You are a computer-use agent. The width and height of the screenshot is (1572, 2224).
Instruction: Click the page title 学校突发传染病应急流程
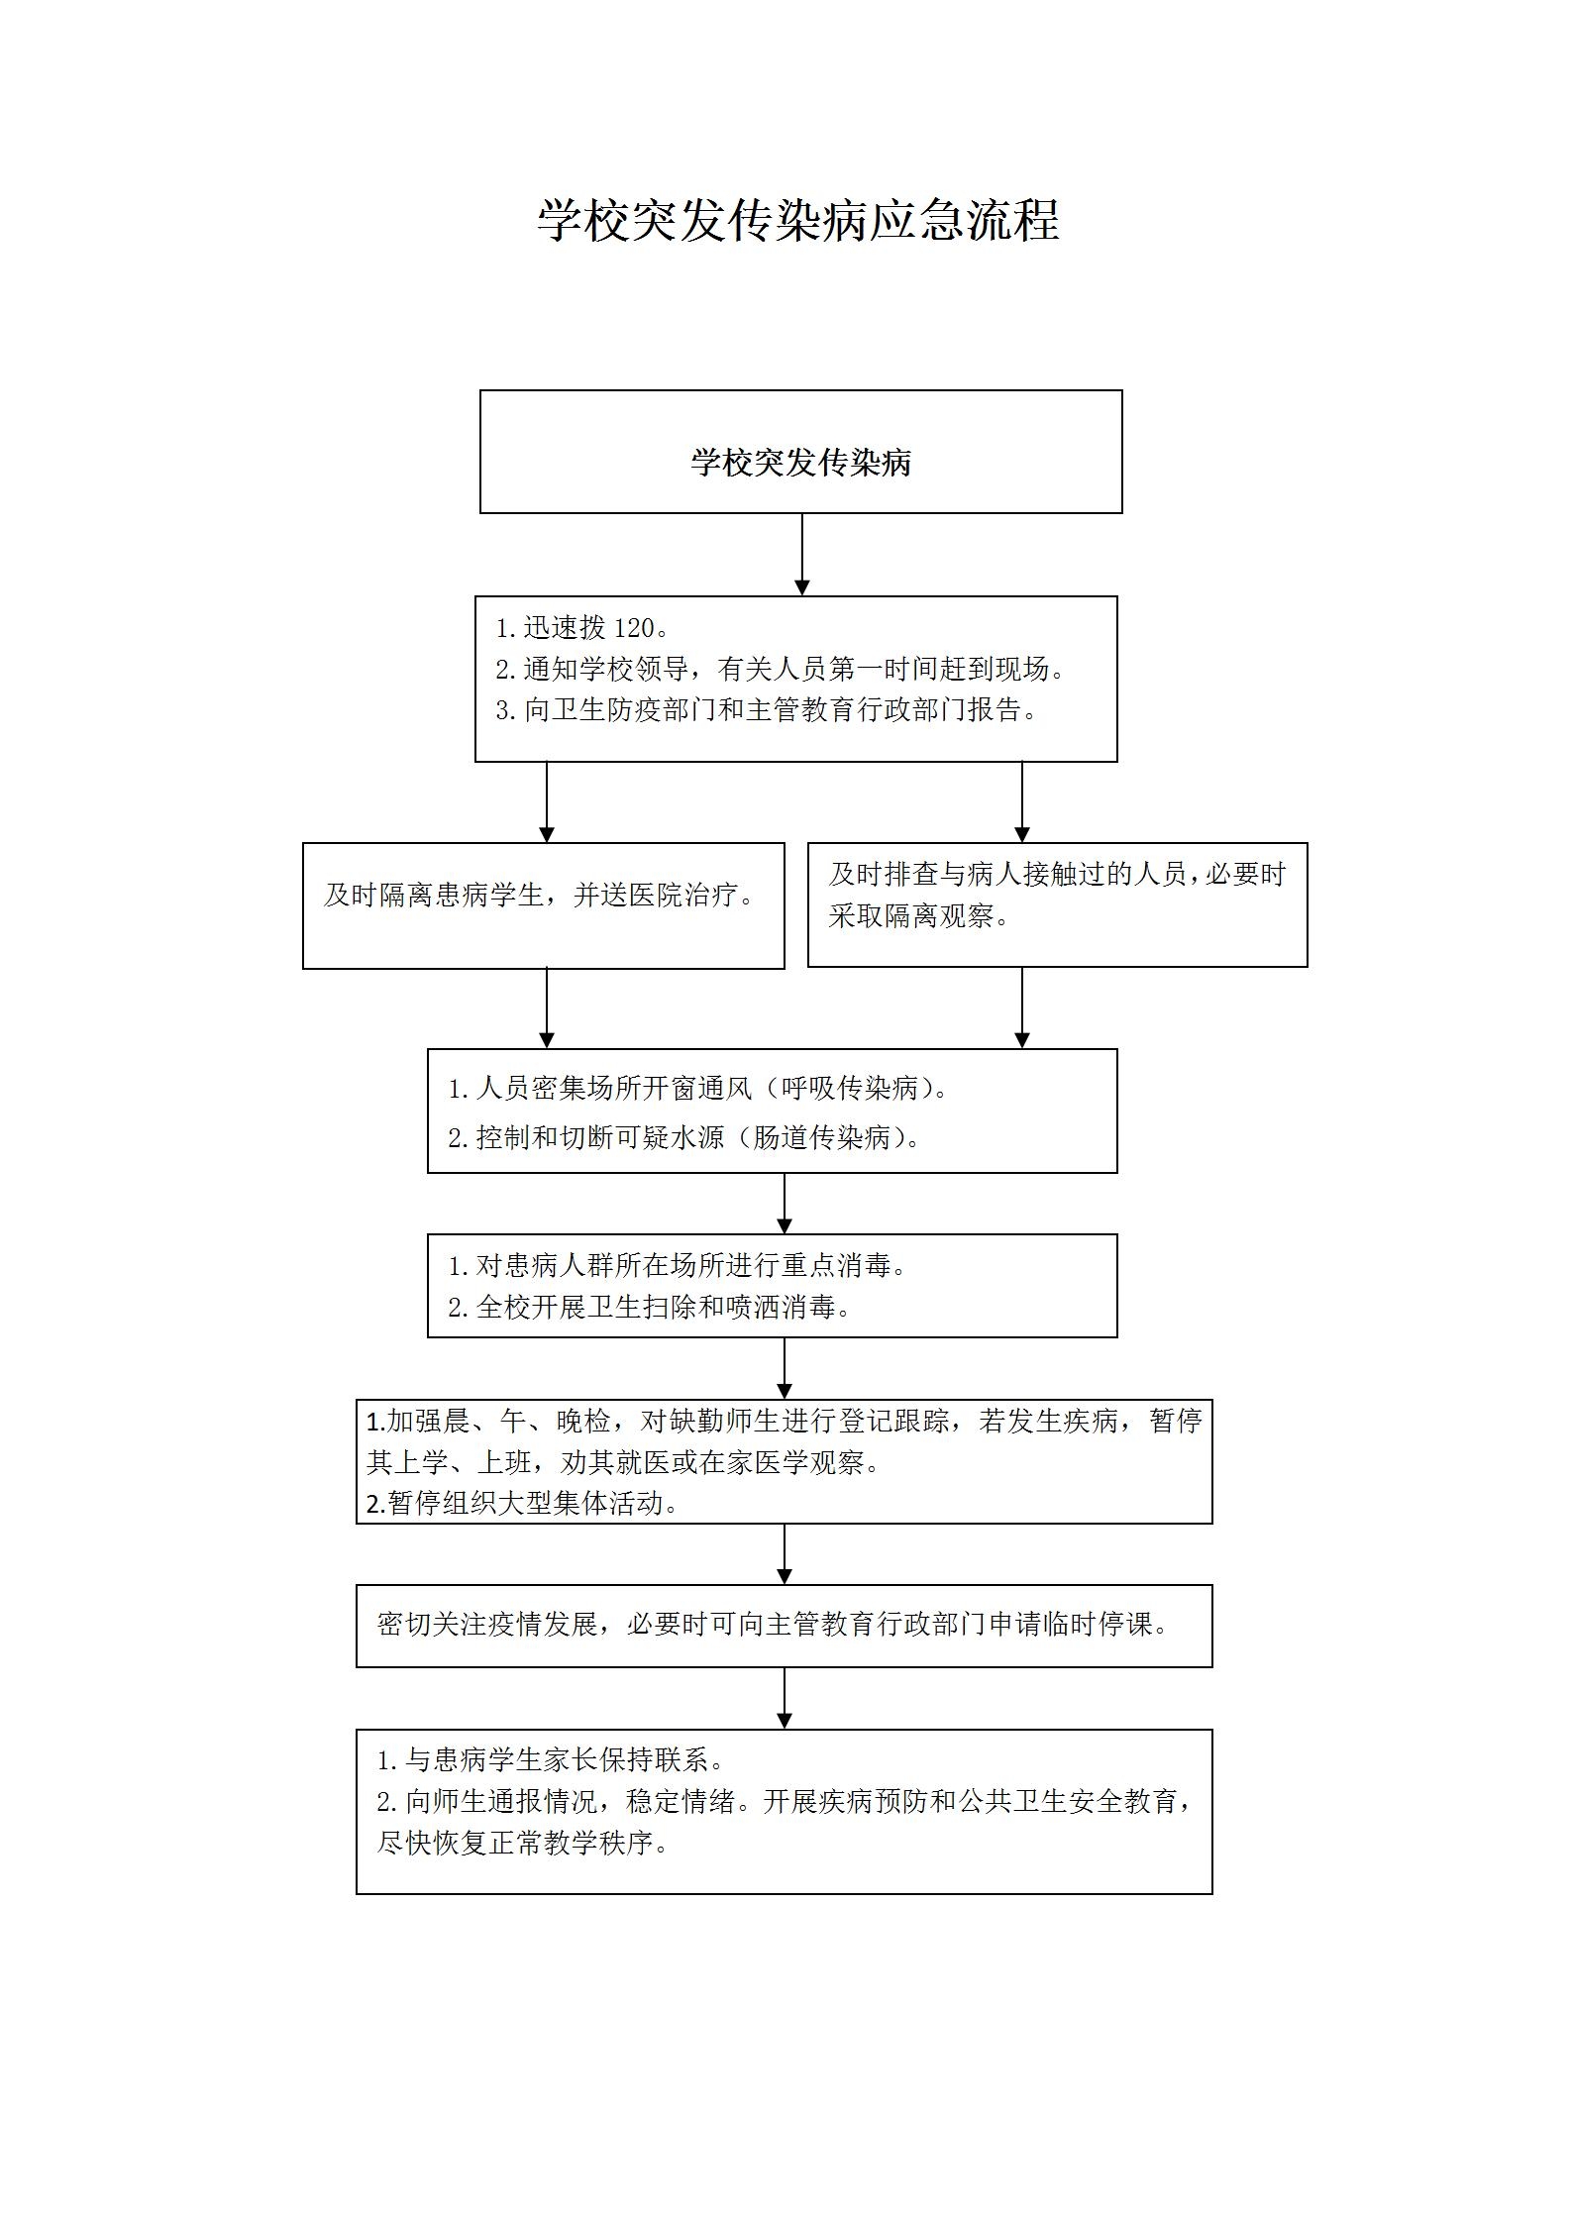(x=798, y=220)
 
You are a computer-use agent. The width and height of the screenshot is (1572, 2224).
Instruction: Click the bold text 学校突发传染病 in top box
(x=800, y=463)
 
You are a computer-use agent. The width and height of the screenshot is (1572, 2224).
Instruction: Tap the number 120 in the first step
(x=635, y=628)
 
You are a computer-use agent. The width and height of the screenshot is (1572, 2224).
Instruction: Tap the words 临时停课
(x=1100, y=1625)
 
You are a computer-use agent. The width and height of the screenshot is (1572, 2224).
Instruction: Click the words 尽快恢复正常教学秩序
(x=524, y=1843)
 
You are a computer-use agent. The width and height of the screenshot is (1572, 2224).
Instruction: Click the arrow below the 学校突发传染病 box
(x=802, y=555)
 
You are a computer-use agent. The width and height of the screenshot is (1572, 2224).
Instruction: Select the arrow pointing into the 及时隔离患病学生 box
(x=547, y=802)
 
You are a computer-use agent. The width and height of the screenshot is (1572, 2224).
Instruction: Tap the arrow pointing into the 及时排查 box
(x=1022, y=802)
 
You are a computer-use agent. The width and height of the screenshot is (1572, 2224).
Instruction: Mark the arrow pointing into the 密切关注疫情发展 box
(x=785, y=1554)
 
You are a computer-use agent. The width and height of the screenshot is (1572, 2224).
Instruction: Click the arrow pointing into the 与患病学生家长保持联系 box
(x=785, y=1699)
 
